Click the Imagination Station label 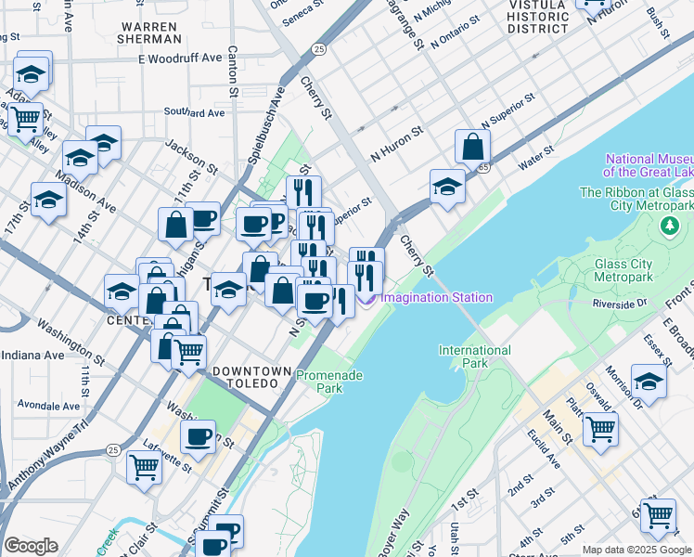[436, 298]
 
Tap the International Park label [475, 356]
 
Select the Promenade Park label [328, 382]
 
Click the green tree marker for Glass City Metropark [668, 227]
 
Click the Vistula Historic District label [539, 17]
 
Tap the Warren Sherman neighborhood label [150, 32]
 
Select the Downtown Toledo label [245, 377]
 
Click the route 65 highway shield [484, 168]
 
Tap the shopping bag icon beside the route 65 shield [473, 147]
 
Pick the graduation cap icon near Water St [447, 186]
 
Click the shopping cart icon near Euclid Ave [600, 428]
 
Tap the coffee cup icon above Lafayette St [198, 436]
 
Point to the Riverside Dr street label [621, 303]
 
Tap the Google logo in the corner [31, 546]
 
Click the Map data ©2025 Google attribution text [636, 550]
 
